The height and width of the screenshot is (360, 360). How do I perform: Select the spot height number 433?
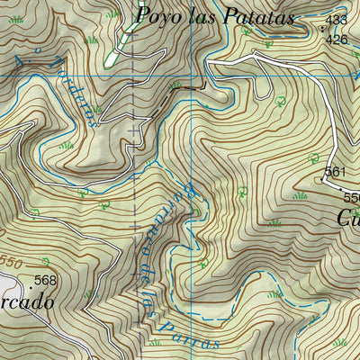coord(336,19)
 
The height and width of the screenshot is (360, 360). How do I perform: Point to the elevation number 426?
coord(336,39)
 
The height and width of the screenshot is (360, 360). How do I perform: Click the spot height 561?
coord(335,171)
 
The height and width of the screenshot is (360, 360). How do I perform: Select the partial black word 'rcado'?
coord(25,302)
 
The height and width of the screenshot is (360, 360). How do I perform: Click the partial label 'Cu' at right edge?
coord(348,218)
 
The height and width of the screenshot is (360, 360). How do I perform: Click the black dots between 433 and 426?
coord(322,29)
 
